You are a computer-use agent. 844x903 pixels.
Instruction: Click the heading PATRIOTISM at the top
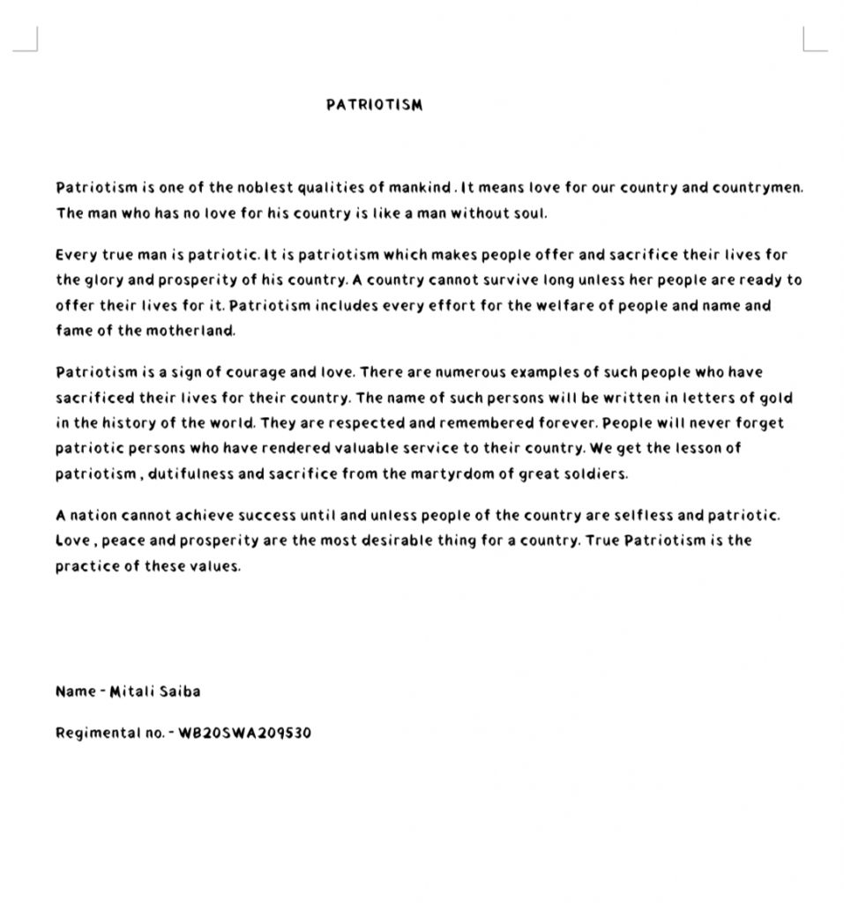pos(374,105)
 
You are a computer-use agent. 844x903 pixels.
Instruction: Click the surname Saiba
pos(179,691)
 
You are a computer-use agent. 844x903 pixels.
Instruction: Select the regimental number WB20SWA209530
pos(244,733)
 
